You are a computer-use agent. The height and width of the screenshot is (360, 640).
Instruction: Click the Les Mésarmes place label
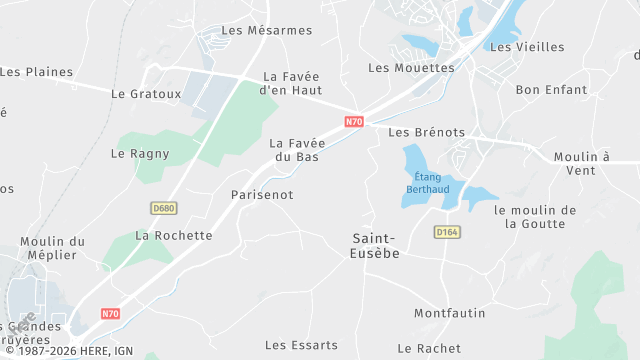pos(267,30)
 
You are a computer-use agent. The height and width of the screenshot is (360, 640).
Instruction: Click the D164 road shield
pos(446,232)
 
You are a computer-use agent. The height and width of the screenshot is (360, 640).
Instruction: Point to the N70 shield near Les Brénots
pos(354,122)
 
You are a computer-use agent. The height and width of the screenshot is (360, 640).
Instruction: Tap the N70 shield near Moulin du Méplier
pos(110,314)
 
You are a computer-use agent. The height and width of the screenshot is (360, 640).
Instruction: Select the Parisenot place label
pos(262,195)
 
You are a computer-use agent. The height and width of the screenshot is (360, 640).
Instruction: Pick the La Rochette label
pos(174,236)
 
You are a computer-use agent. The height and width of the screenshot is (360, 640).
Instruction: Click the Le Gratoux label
pos(147,95)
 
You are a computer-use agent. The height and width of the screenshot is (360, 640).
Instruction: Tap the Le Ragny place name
pos(140,154)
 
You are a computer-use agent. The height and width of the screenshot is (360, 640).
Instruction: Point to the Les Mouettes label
pos(411,68)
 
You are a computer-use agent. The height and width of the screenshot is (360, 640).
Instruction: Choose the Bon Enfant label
pos(551,90)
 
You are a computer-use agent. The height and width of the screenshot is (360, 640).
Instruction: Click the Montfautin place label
pos(450,314)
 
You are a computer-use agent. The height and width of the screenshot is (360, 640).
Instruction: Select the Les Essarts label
pos(301,345)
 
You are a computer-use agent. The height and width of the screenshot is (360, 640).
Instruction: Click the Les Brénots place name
pos(427,132)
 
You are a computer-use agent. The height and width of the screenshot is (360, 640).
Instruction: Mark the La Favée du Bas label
pos(298,150)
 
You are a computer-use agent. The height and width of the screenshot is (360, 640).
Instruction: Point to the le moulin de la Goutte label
pos(536,217)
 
